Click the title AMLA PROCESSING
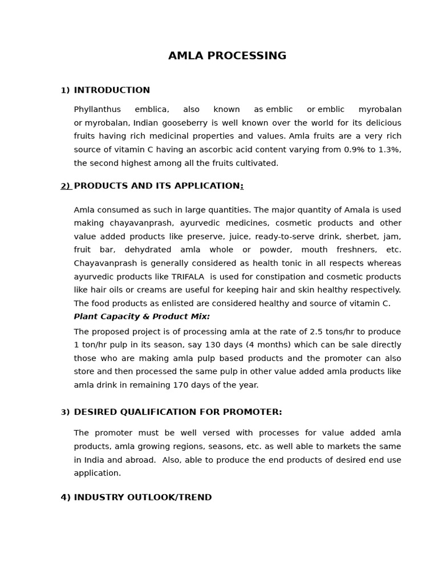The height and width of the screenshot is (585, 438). coord(227,56)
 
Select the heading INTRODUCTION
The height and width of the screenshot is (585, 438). coord(112,90)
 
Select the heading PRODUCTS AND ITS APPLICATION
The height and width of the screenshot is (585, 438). coord(157,186)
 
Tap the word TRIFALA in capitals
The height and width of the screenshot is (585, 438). coord(188,277)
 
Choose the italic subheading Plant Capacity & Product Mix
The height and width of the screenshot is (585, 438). coord(141,317)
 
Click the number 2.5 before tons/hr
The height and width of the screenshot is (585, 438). coord(317,332)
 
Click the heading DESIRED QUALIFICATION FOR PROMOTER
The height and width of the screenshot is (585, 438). coord(177,412)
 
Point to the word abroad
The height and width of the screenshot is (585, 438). coord(141,460)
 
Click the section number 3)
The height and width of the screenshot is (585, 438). coord(65,412)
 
